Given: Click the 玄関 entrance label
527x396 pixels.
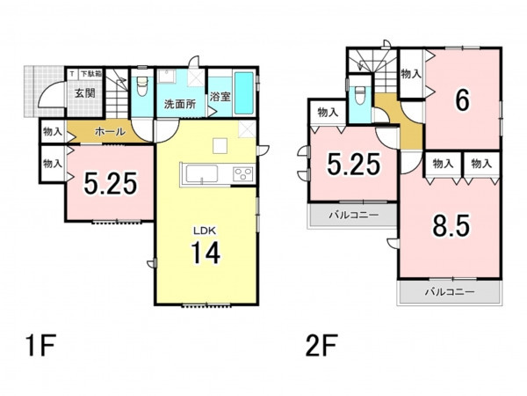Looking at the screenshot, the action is click(84, 93).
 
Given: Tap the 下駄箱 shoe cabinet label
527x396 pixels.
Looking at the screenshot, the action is click(91, 73).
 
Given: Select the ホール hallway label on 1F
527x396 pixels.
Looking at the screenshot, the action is click(111, 132).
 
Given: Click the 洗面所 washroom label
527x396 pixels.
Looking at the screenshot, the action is click(180, 104).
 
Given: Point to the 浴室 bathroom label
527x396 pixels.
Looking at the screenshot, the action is click(220, 97).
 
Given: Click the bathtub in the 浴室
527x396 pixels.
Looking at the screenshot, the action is click(244, 93).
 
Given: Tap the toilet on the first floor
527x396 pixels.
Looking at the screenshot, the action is click(142, 86).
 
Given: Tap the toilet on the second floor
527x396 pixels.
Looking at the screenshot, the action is click(359, 95).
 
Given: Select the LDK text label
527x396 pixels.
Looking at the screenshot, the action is click(204, 231).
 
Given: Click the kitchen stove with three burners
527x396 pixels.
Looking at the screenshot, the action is click(243, 174).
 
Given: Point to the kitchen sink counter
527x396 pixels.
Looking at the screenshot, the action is click(202, 174).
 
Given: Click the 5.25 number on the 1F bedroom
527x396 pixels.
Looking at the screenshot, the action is click(111, 184).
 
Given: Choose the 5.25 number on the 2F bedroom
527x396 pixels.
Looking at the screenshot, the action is click(354, 165).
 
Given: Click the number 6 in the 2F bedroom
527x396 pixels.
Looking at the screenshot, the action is click(462, 100).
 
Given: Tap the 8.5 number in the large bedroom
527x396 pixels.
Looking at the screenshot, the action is click(451, 225).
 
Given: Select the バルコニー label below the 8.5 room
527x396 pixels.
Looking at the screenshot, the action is click(450, 291).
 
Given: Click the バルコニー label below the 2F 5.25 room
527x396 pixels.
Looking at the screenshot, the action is click(354, 216).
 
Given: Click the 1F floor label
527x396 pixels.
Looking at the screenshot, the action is click(41, 346).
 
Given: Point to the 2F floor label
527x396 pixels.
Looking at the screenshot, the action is click(321, 346).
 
